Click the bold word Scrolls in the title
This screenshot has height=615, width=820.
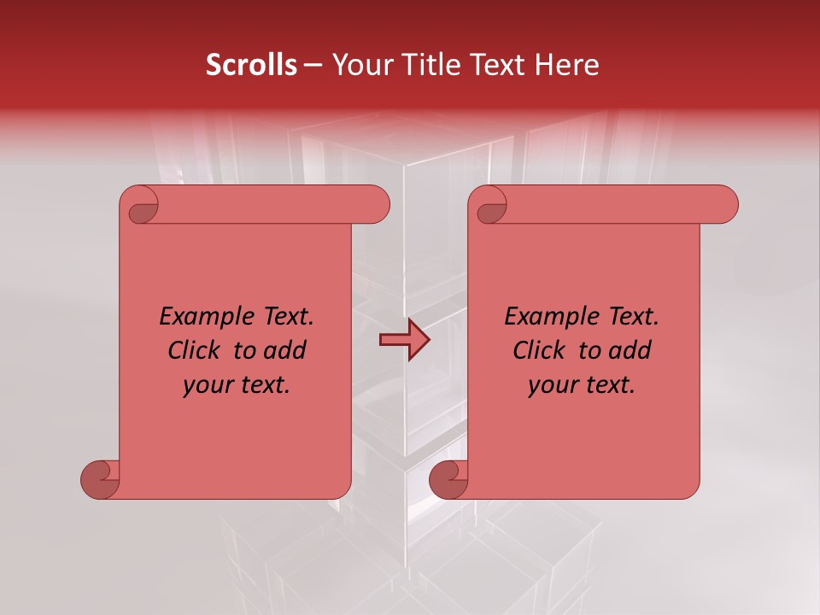click(251, 65)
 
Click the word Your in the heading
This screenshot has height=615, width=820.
click(360, 65)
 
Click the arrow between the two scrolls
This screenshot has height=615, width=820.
click(404, 341)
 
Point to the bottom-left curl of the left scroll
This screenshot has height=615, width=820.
click(100, 480)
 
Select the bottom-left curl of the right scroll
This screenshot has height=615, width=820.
click(448, 480)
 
